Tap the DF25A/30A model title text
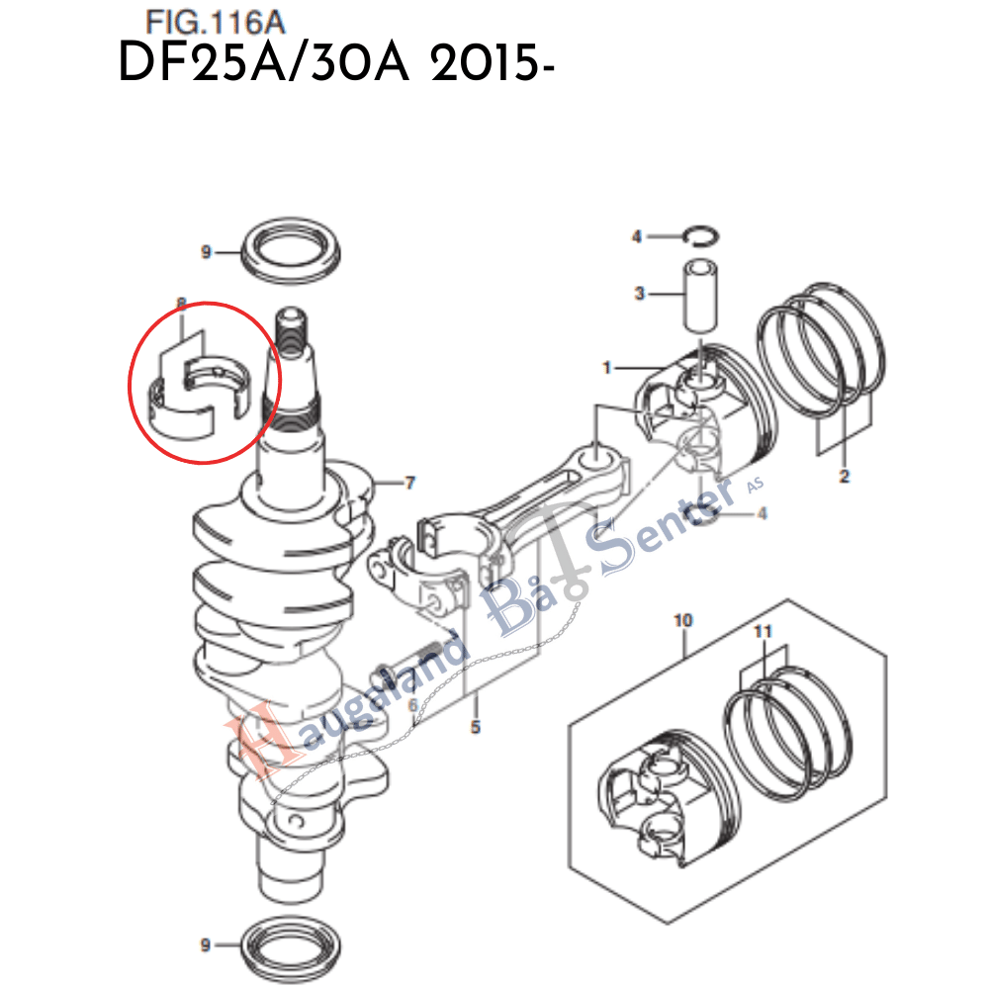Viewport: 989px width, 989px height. click(x=334, y=65)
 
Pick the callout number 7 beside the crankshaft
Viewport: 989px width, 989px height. click(x=409, y=484)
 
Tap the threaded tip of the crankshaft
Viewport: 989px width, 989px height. click(x=293, y=331)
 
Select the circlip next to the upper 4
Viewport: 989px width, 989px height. click(x=702, y=235)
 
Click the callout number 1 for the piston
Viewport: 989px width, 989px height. click(x=609, y=368)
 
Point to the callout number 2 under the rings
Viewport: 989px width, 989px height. click(x=844, y=476)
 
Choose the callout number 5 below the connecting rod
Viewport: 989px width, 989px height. click(x=475, y=728)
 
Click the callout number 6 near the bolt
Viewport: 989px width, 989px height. click(x=412, y=703)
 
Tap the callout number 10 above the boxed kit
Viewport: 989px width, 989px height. click(x=683, y=621)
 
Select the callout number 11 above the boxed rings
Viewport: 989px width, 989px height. click(x=763, y=630)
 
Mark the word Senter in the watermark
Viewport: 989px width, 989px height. click(x=658, y=525)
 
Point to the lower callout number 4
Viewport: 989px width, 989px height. click(x=762, y=512)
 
